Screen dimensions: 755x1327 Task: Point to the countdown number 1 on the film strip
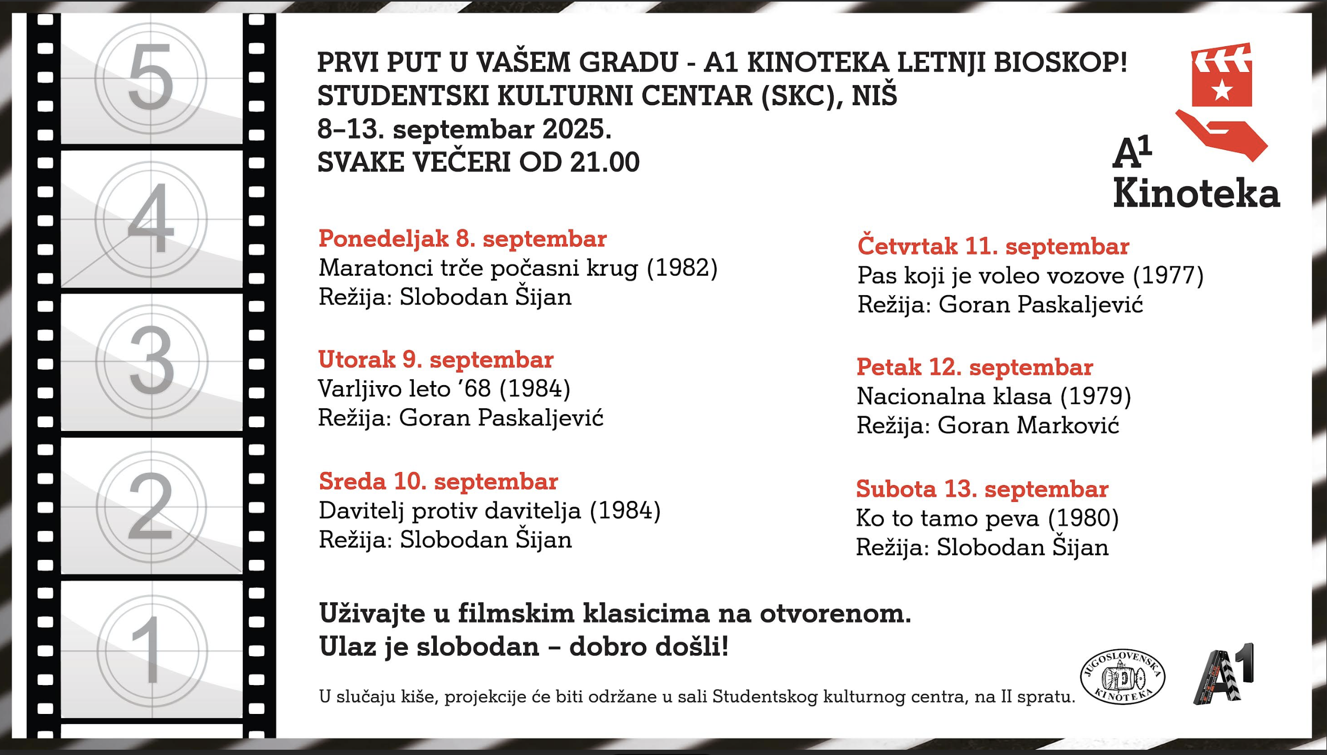point(151,650)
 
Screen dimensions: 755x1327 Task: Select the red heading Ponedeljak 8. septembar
point(462,239)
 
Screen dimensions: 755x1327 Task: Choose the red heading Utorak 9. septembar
point(435,360)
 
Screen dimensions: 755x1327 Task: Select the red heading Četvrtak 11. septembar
point(993,246)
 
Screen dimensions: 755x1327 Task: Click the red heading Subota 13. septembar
point(982,489)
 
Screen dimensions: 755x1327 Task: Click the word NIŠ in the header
point(874,96)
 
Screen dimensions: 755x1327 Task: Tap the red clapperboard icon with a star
point(1221,75)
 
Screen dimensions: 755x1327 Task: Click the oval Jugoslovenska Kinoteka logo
point(1122,677)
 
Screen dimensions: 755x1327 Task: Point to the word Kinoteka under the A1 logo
point(1196,194)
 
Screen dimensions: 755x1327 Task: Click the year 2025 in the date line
point(576,129)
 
